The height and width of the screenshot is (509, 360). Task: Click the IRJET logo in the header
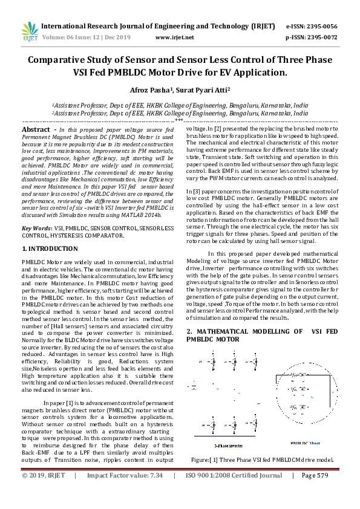click(29, 31)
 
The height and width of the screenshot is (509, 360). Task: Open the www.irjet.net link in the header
click(175, 37)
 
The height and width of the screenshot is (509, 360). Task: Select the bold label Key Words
click(37, 229)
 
